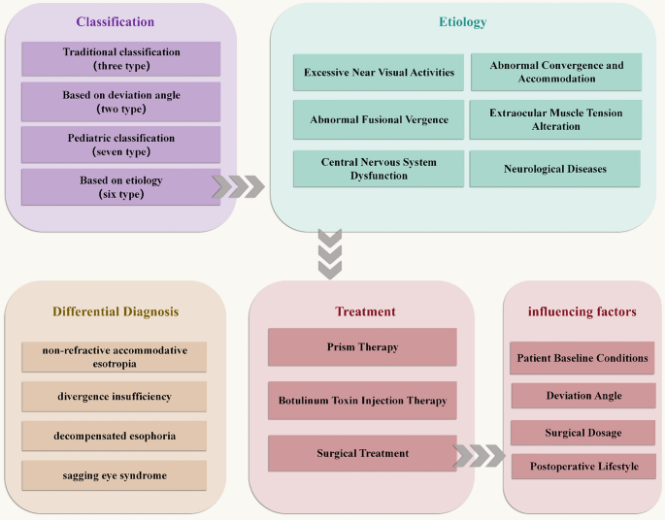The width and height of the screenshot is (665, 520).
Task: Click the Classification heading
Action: click(116, 20)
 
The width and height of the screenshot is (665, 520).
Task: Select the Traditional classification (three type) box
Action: click(120, 59)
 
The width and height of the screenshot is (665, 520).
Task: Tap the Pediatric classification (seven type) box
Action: click(120, 144)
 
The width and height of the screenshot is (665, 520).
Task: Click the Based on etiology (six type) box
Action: click(120, 186)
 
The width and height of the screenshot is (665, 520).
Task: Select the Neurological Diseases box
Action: click(554, 169)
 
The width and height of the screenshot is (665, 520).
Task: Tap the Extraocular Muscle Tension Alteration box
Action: click(554, 120)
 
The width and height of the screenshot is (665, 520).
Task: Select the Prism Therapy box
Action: click(362, 346)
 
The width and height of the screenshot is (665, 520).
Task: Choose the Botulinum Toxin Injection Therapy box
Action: click(362, 400)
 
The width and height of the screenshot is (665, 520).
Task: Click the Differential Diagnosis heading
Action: click(116, 311)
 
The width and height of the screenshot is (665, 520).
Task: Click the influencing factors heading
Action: click(583, 311)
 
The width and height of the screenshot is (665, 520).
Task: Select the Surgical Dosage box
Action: click(583, 432)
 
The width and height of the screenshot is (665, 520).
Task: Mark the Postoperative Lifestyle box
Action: click(583, 467)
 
